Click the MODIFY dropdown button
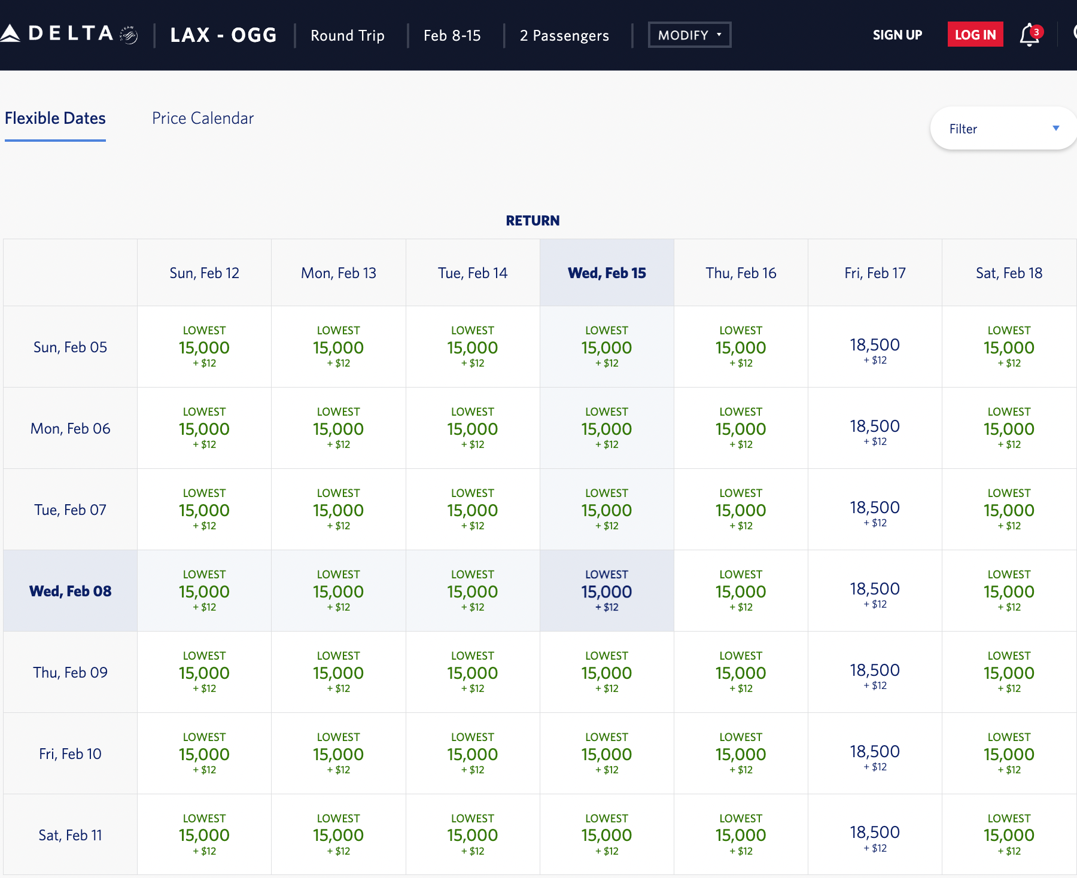click(689, 35)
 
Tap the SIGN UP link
click(897, 35)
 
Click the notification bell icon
click(1029, 35)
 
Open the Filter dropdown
click(1003, 129)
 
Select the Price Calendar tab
click(202, 118)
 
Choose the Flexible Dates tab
click(55, 118)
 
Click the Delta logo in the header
click(69, 34)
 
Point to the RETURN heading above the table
click(533, 221)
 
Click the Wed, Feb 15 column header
click(607, 273)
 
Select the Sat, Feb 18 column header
click(1009, 273)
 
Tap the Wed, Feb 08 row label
click(70, 592)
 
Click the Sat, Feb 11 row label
click(70, 836)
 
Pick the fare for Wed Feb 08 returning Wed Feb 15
click(607, 592)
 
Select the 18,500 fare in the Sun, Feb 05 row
click(875, 347)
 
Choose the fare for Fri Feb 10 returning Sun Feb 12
click(204, 754)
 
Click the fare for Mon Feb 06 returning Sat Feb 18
click(1009, 429)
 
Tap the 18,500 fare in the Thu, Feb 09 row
click(875, 673)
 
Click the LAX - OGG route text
click(223, 35)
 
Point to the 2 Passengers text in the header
click(564, 36)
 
